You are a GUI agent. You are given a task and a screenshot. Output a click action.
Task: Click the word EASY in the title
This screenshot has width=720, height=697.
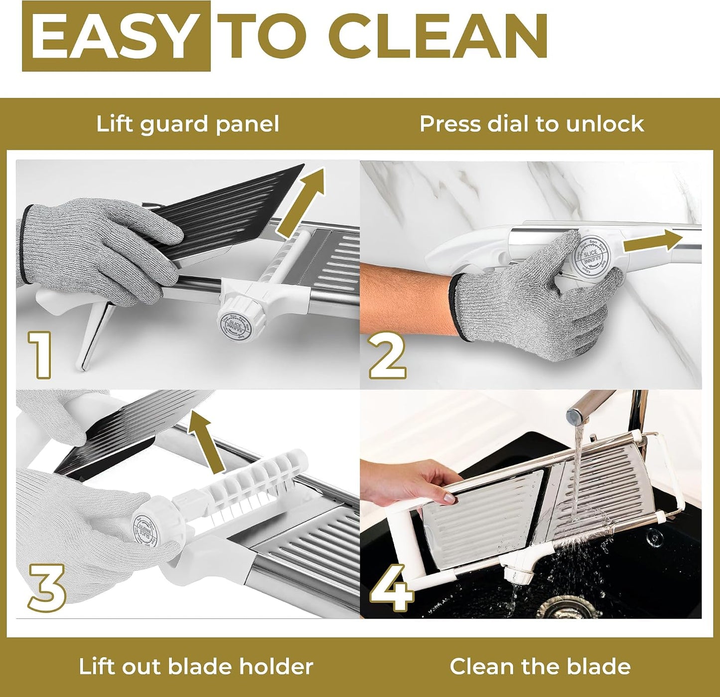tap(113, 35)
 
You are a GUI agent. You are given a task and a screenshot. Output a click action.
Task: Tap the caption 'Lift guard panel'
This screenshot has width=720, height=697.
tap(187, 124)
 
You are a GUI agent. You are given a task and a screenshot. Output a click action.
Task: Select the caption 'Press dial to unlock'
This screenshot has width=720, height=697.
tap(532, 124)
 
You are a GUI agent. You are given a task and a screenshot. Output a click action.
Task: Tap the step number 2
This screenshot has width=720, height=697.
tap(387, 355)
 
